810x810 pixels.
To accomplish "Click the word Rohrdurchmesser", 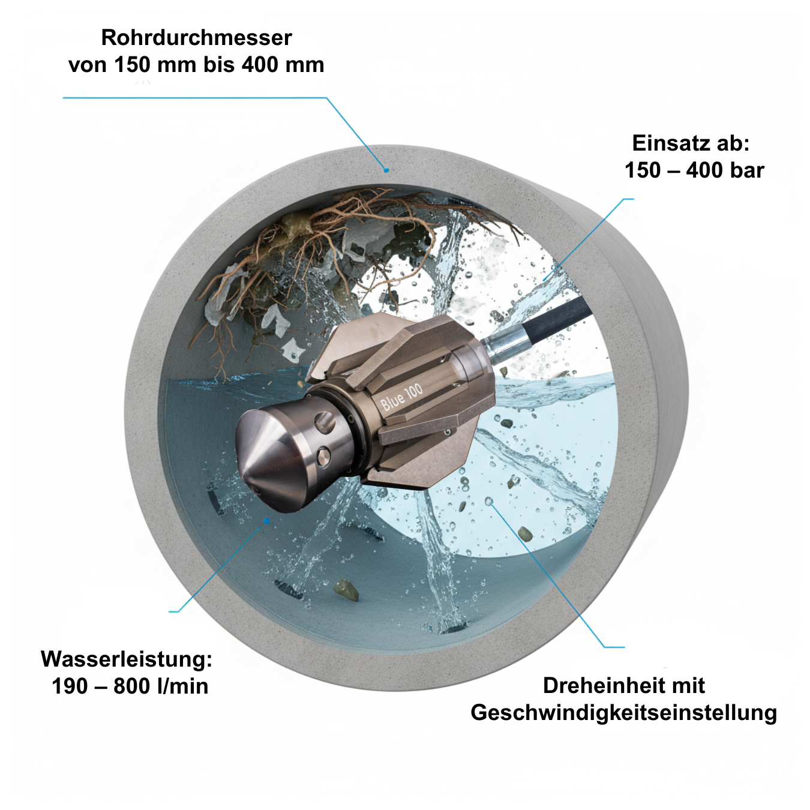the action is (x=196, y=38).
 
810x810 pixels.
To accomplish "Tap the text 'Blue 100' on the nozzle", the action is (x=401, y=398).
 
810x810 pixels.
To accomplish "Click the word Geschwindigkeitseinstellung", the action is (x=624, y=713).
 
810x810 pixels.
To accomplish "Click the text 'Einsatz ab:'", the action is (x=691, y=143).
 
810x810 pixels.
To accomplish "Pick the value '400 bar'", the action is (x=725, y=170).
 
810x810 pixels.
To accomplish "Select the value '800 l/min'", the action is (x=161, y=686).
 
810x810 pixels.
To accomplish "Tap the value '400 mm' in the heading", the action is (x=283, y=65).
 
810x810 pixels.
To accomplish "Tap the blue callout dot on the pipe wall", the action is (x=386, y=170).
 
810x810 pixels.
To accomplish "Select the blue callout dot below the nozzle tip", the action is (x=266, y=521).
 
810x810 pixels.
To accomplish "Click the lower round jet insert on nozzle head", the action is (x=323, y=457).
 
